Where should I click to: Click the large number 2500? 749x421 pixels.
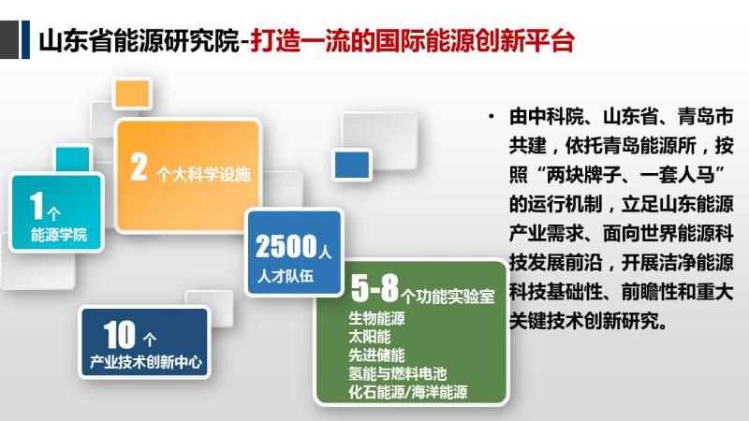click(286, 246)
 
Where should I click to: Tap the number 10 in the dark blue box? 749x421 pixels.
click(120, 335)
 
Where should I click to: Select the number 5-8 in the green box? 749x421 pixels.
click(374, 288)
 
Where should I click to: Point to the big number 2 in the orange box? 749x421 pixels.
click(139, 167)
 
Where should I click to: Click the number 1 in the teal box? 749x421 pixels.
click(37, 205)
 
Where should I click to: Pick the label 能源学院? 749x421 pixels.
click(59, 235)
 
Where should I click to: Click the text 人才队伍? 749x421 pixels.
click(286, 276)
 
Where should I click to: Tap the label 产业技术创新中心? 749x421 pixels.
click(146, 362)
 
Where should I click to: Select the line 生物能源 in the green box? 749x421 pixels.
click(377, 318)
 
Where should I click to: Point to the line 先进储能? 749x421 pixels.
click(377, 356)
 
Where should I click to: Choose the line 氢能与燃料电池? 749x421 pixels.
click(398, 373)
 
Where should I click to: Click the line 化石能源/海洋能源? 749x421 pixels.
click(408, 392)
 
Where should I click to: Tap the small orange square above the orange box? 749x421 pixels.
click(132, 93)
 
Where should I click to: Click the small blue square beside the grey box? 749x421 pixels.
click(352, 165)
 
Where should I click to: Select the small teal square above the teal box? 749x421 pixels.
click(73, 159)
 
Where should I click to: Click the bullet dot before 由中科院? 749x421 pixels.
click(492, 116)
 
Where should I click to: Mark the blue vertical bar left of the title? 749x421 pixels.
click(26, 39)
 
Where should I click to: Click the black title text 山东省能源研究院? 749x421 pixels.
click(139, 40)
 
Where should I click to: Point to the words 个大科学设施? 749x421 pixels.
click(203, 175)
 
